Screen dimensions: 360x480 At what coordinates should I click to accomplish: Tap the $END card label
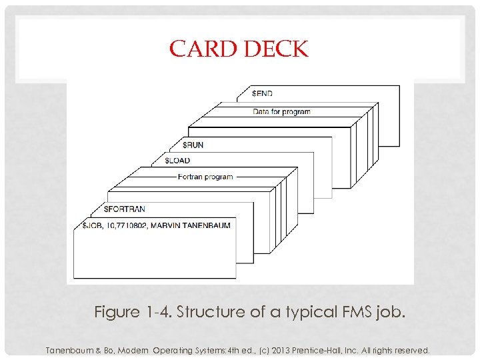(x=262, y=93)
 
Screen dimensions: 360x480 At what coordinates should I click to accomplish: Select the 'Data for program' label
(x=281, y=111)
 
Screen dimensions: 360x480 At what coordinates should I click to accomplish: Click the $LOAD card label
(x=177, y=160)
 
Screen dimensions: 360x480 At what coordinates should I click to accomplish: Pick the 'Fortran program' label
(x=205, y=177)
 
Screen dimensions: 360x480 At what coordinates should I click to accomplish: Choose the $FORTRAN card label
(x=125, y=209)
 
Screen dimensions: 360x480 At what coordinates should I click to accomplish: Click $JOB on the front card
(x=93, y=225)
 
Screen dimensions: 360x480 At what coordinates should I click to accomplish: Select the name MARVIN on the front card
(x=166, y=225)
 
